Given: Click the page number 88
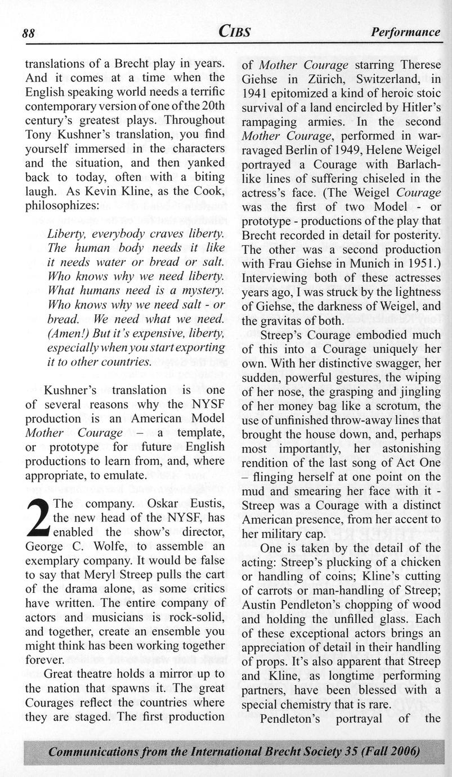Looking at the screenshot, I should pos(29,33).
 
